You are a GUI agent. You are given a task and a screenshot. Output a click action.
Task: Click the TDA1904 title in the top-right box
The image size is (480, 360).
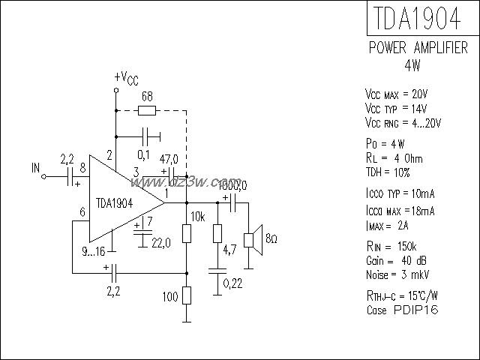pyautogui.click(x=414, y=17)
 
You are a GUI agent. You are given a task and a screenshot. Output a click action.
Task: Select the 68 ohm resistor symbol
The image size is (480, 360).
pyautogui.click(x=148, y=111)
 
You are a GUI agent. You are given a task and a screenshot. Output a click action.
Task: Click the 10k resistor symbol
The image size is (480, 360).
pyautogui.click(x=186, y=233)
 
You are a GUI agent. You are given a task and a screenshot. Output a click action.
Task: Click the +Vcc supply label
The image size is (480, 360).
pyautogui.click(x=125, y=78)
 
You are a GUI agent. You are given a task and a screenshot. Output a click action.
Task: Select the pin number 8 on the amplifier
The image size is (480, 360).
pyautogui.click(x=82, y=167)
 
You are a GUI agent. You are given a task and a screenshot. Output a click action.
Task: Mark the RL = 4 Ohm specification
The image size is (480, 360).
pyautogui.click(x=394, y=158)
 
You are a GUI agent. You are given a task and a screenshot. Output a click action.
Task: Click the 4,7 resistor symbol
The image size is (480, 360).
pyautogui.click(x=216, y=233)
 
